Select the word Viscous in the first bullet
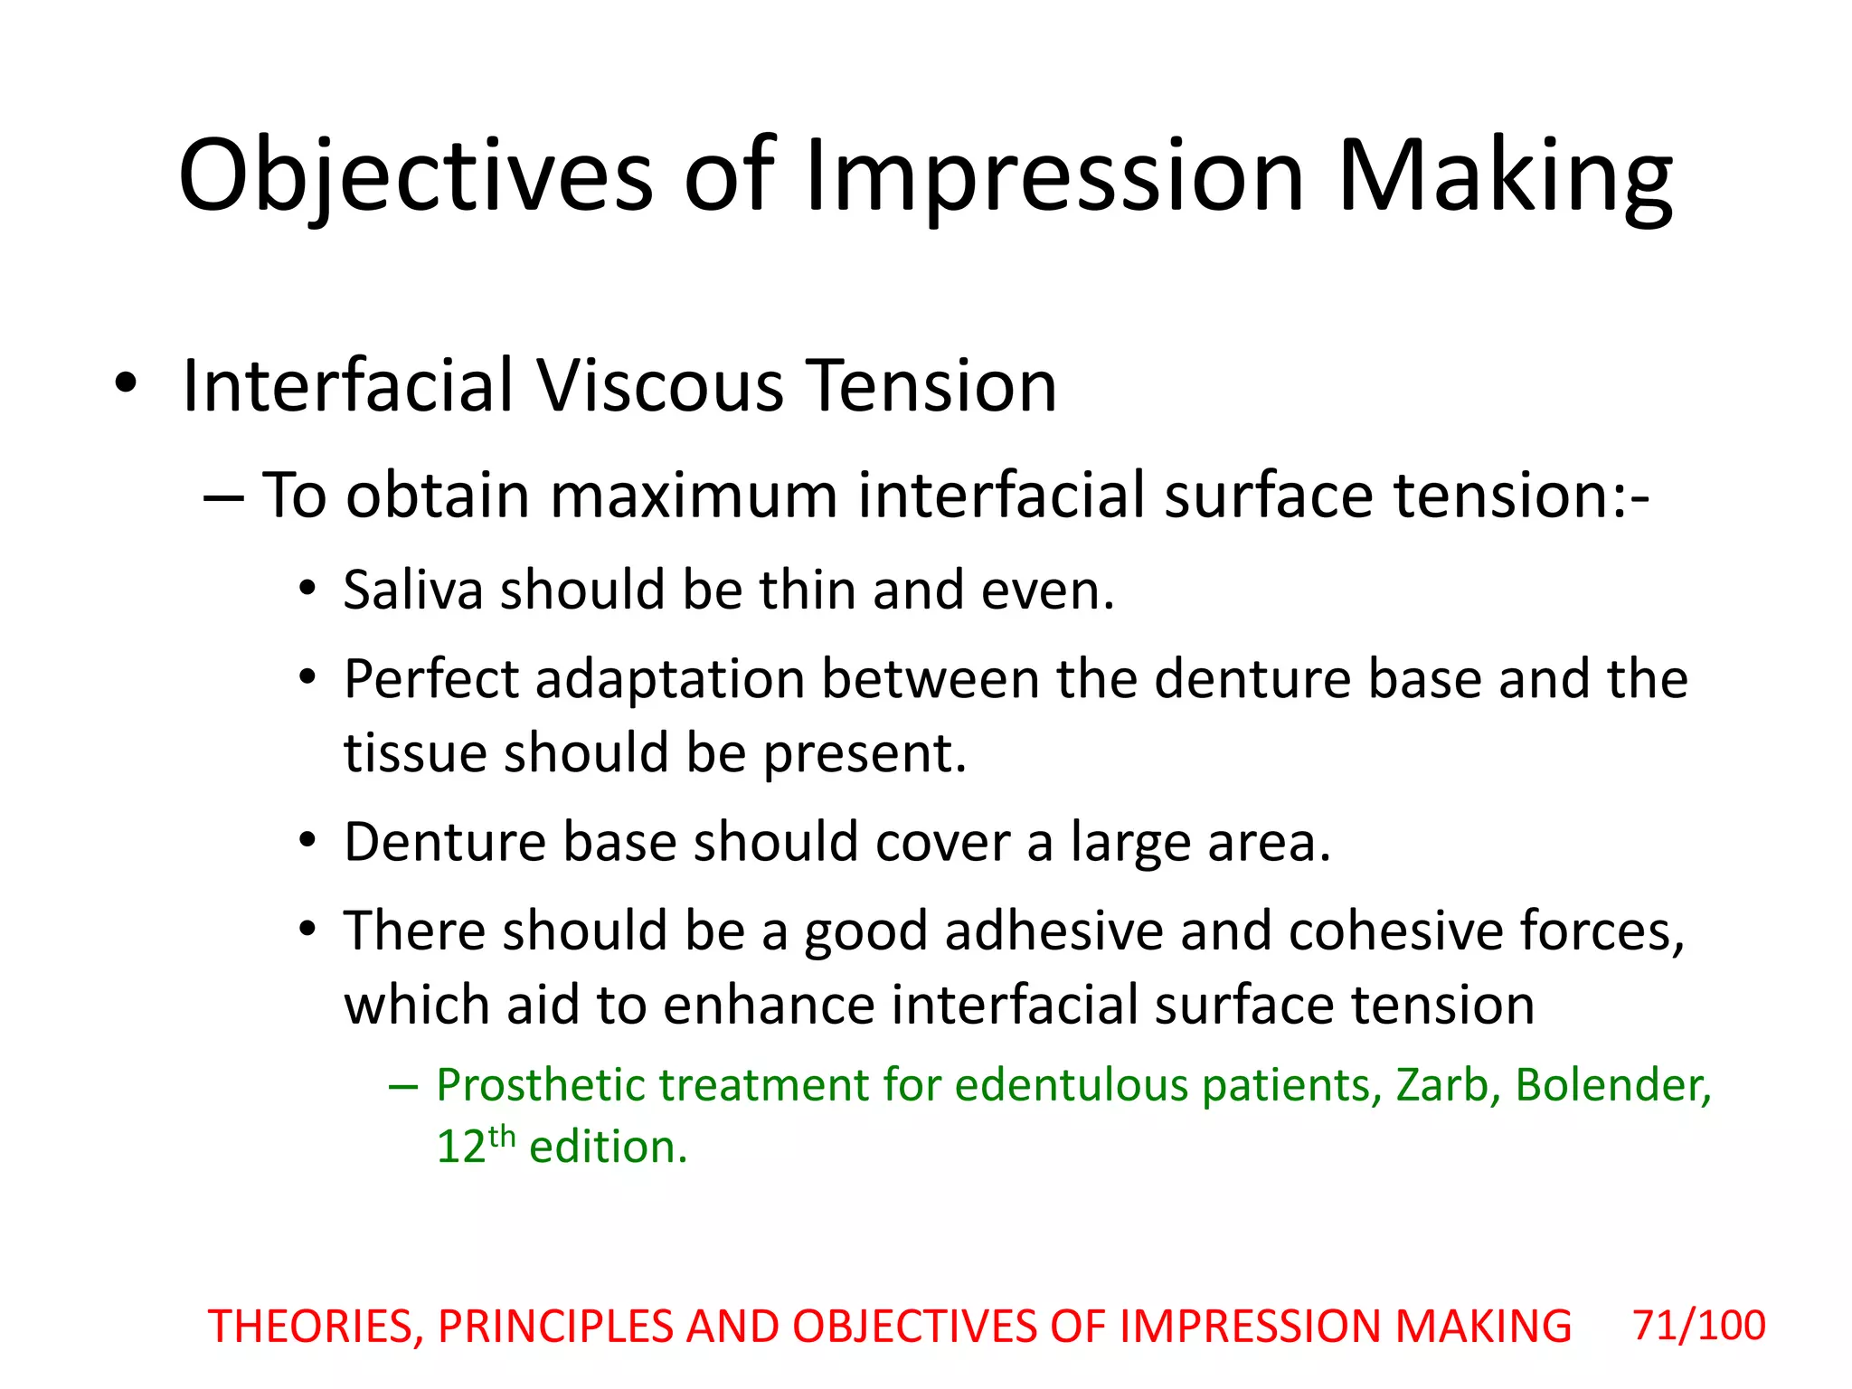(x=660, y=386)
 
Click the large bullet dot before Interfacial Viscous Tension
(x=126, y=384)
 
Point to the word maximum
(x=694, y=496)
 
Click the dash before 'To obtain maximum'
(x=223, y=497)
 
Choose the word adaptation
(x=669, y=680)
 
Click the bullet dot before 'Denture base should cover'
(x=307, y=841)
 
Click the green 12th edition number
(x=475, y=1145)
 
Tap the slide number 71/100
(x=1698, y=1326)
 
